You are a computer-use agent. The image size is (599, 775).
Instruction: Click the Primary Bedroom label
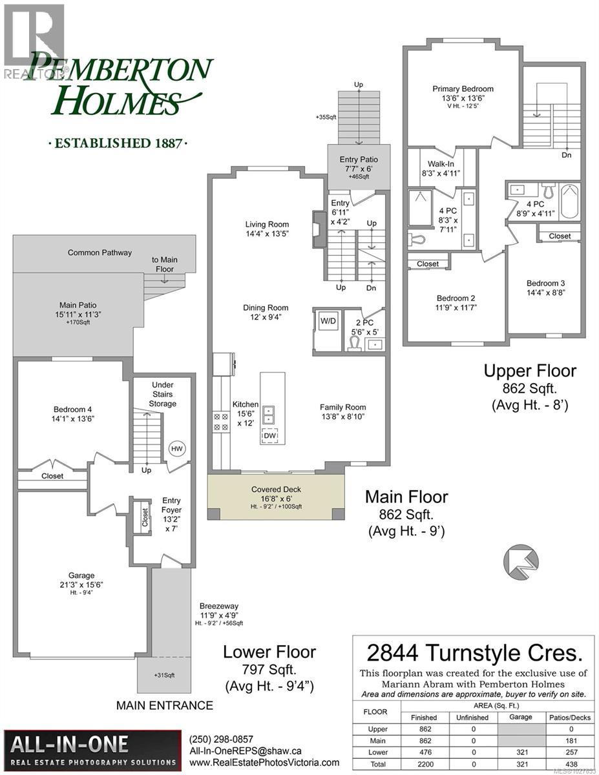coord(463,89)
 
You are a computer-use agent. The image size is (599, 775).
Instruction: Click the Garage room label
coord(81,575)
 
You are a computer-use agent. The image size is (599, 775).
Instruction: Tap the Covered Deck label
coord(277,490)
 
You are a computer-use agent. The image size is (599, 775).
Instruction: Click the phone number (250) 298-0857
coord(221,739)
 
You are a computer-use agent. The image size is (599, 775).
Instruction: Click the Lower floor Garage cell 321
coord(520,752)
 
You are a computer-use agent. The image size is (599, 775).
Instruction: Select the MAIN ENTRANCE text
coord(164,706)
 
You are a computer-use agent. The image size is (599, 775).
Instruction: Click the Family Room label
coord(342,408)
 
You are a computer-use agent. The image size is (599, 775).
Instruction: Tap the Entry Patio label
coord(358,160)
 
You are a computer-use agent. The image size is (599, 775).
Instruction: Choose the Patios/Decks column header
coord(569,717)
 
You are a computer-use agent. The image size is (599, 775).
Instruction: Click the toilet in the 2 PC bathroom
coord(354,343)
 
